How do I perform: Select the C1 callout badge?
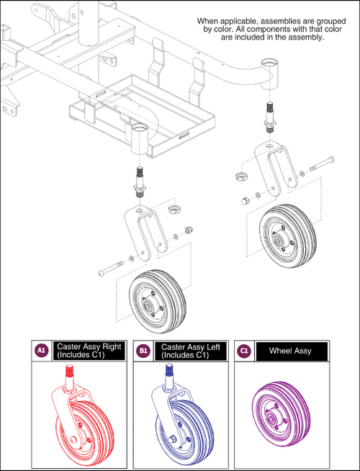tap(245, 352)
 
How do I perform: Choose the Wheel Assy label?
tap(291, 352)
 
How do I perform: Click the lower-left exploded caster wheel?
tap(153, 297)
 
